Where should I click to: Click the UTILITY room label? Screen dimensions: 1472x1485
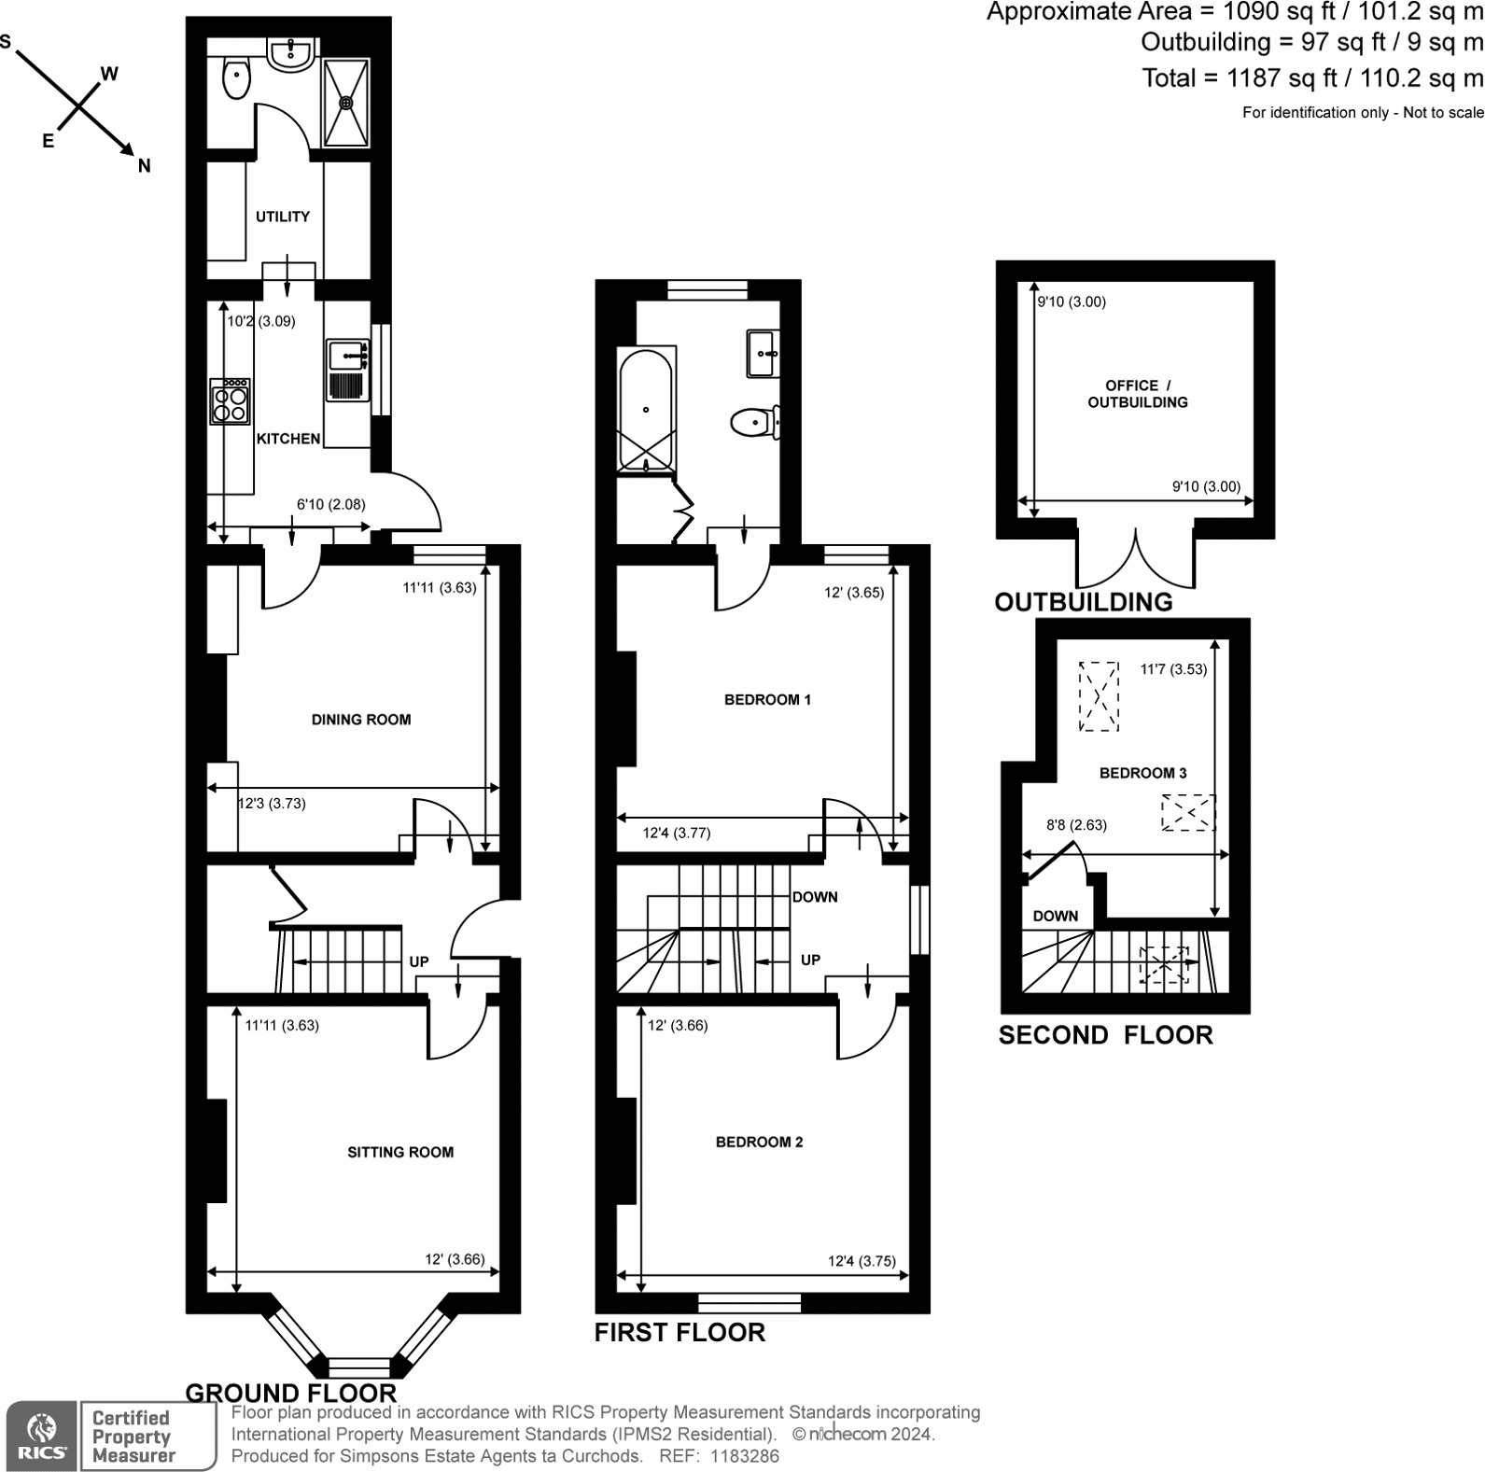click(283, 217)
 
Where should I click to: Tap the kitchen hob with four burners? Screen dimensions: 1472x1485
click(231, 402)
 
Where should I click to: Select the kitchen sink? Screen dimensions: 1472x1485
click(349, 370)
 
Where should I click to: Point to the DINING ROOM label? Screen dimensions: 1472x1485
click(361, 720)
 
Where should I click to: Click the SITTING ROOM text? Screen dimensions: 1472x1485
click(400, 1153)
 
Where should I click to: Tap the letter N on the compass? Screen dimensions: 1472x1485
click(144, 166)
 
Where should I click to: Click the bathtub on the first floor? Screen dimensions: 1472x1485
click(645, 410)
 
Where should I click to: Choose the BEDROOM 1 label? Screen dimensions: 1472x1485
click(767, 700)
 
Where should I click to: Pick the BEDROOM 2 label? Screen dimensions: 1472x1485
click(759, 1143)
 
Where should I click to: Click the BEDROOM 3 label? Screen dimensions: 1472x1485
click(1142, 773)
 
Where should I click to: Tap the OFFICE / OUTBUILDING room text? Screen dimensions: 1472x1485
click(1138, 394)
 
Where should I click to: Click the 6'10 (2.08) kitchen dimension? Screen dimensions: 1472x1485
click(330, 505)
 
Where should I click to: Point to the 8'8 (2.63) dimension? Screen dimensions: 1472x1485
click(1076, 825)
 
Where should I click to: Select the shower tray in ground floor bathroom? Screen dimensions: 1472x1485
click(346, 102)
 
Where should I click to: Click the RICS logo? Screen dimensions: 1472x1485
click(42, 1436)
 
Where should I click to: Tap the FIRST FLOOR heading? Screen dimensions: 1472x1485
click(679, 1332)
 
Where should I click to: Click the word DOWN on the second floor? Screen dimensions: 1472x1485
click(1055, 917)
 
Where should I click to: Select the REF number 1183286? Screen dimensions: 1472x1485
click(744, 1456)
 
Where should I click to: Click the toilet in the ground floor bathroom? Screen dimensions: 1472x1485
click(237, 77)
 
